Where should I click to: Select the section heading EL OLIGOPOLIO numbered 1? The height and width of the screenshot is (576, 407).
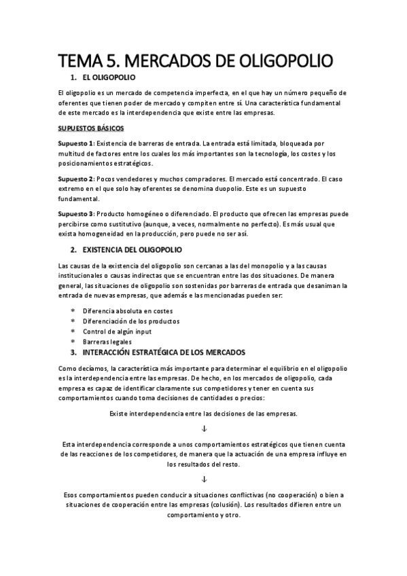click(109, 79)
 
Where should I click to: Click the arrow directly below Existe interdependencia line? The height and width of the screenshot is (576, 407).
click(203, 429)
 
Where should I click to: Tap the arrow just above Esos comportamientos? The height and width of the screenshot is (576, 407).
click(203, 478)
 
